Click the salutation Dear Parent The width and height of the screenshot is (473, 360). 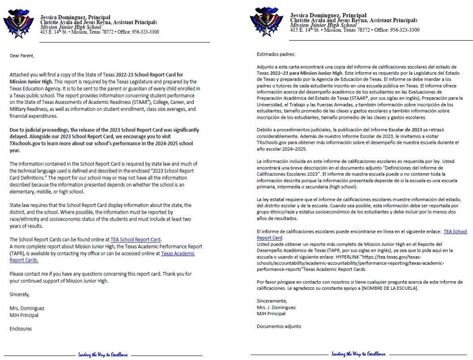click(x=22, y=56)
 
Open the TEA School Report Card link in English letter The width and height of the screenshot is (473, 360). click(x=136, y=240)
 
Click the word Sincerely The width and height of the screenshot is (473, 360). click(x=20, y=294)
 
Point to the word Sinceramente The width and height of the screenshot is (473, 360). click(x=272, y=301)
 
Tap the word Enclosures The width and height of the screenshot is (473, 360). click(x=21, y=328)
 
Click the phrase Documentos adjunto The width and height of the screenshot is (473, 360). click(x=279, y=326)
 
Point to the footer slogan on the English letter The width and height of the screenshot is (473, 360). click(x=103, y=355)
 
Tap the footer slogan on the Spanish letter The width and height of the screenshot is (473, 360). click(x=358, y=354)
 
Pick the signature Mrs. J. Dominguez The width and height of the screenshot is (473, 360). click(x=276, y=308)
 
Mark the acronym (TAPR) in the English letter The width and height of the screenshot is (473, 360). click(x=17, y=253)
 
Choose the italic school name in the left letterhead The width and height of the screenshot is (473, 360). click(x=71, y=27)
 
